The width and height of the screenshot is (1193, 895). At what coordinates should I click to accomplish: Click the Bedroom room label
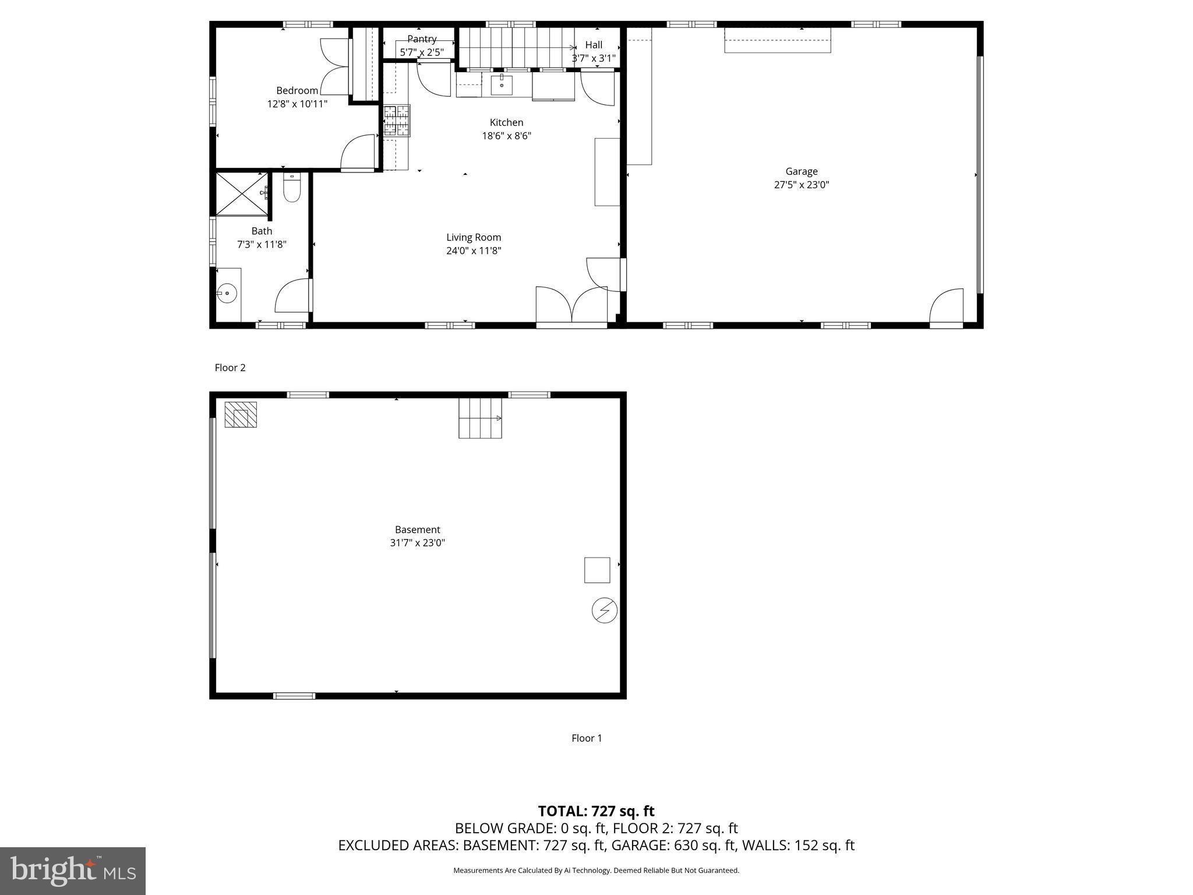coord(297,90)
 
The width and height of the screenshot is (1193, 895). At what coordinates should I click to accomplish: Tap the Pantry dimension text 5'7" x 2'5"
coord(422,52)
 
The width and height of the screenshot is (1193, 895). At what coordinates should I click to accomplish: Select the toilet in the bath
coord(291,188)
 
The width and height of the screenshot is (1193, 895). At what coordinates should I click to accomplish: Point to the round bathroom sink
coord(227,293)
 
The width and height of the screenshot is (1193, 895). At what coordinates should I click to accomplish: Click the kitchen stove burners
coord(397,121)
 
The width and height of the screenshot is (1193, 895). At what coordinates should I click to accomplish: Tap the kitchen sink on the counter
coord(502,84)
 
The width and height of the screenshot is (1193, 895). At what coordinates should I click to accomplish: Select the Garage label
coord(801,171)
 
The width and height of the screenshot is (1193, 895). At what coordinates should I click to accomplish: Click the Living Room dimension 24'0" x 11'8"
coord(474,251)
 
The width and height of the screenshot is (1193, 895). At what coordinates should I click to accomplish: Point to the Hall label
coord(594,45)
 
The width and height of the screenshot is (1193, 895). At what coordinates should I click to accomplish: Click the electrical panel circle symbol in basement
coord(604,611)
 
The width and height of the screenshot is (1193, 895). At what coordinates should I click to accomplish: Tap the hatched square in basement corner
coord(241,415)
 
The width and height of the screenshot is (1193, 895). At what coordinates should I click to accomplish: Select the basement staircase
coord(480,418)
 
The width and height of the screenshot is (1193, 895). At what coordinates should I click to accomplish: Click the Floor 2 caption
coord(230,368)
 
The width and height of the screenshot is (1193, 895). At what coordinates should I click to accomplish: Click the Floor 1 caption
coord(587,738)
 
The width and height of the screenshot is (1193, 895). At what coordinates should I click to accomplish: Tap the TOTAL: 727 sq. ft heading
coord(596,811)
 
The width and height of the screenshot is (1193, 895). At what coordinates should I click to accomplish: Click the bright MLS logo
coord(73,871)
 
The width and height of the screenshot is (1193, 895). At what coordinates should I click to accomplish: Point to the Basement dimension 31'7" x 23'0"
coord(417,543)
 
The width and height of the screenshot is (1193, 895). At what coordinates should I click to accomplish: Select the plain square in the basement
coord(597,570)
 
